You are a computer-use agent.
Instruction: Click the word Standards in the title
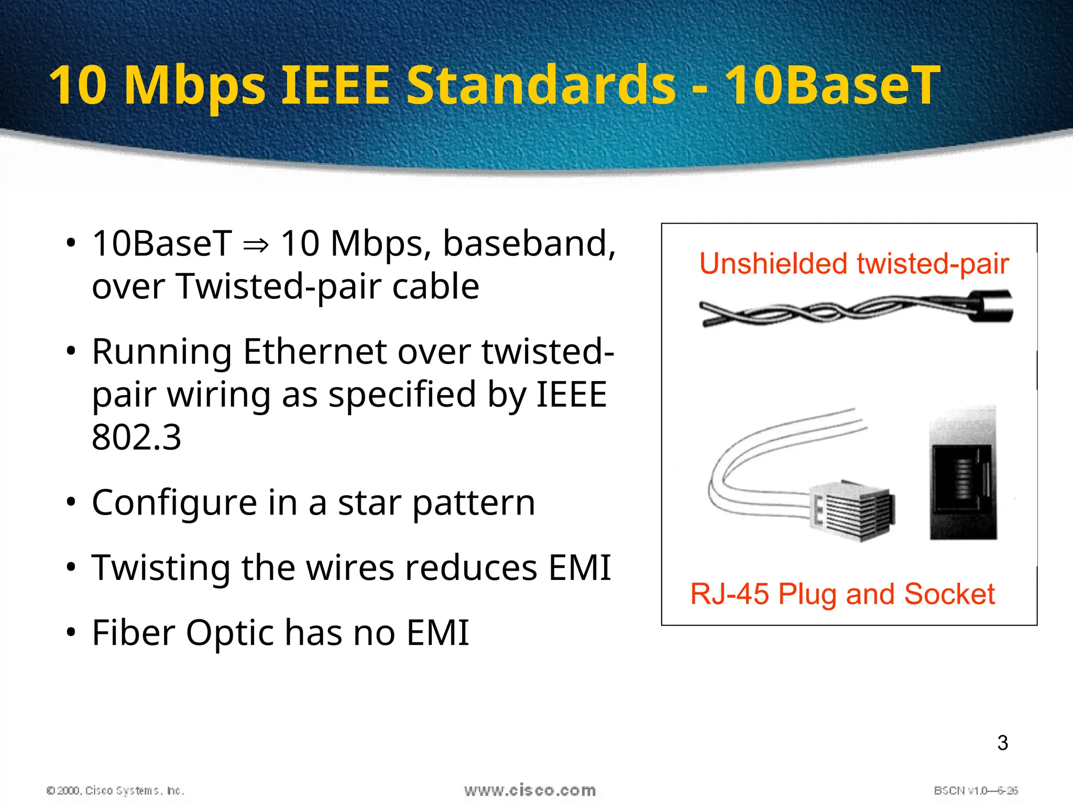[x=541, y=85]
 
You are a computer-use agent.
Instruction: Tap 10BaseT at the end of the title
[x=832, y=85]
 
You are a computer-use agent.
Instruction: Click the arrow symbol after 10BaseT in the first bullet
[x=256, y=244]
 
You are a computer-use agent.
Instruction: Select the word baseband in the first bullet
[x=529, y=243]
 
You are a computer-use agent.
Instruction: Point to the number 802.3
[x=136, y=437]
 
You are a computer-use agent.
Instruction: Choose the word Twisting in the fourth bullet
[x=160, y=568]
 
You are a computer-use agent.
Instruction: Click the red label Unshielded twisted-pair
[x=854, y=263]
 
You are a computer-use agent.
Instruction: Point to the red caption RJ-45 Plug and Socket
[x=842, y=594]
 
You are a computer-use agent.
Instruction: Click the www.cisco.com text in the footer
[x=530, y=790]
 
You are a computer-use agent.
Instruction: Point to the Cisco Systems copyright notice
[x=115, y=790]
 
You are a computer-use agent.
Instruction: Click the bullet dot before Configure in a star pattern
[x=71, y=502]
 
